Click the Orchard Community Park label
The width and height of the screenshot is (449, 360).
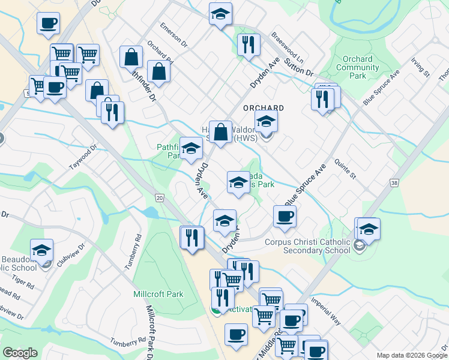point(357,68)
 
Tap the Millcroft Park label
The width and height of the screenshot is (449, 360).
point(158,295)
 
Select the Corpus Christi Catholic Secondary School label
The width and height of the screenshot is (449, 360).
point(307,247)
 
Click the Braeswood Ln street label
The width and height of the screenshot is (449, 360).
point(288,49)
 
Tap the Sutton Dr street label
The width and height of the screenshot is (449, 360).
point(300,67)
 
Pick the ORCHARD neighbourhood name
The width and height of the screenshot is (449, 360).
point(263,108)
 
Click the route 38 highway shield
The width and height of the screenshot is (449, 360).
point(394,182)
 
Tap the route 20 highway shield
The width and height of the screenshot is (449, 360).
point(159,197)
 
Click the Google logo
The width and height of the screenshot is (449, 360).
point(20,353)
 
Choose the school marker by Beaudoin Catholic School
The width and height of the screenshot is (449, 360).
point(42,250)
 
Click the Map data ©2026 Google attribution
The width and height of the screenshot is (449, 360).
point(411,355)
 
